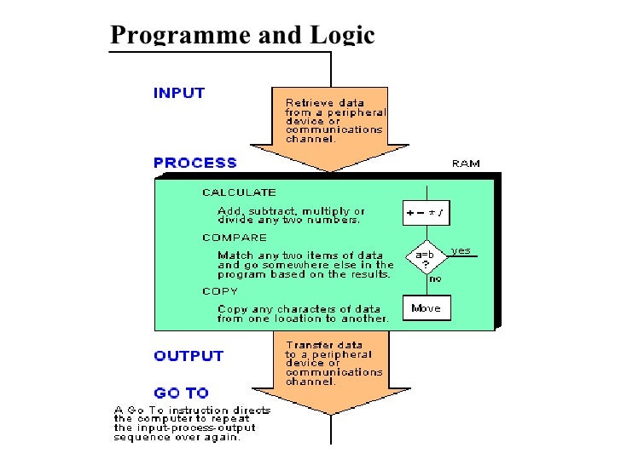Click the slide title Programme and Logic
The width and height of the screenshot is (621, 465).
[243, 35]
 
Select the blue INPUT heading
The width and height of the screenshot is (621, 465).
[179, 93]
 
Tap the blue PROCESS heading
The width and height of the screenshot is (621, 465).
[195, 162]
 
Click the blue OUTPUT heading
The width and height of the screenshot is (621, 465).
[189, 356]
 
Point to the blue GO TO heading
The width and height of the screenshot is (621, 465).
[181, 393]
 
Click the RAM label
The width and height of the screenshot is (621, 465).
[465, 164]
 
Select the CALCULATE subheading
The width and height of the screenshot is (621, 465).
[239, 192]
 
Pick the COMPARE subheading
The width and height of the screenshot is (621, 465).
[235, 238]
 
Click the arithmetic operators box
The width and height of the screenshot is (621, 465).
[426, 214]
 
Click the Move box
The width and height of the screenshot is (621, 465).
[426, 308]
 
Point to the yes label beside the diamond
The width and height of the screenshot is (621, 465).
[461, 250]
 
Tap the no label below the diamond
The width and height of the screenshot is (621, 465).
[434, 278]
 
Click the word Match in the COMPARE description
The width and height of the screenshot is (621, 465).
[233, 255]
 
